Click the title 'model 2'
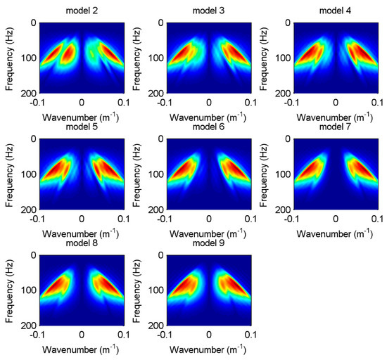(x=82, y=10)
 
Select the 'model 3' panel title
(x=208, y=10)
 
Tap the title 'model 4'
(x=335, y=10)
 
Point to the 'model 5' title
(x=82, y=127)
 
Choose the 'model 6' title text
(x=208, y=127)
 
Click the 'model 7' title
(x=335, y=127)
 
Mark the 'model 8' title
(x=82, y=243)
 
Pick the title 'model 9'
(x=208, y=243)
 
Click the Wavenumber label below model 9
(x=208, y=349)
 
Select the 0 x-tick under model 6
(x=208, y=219)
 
